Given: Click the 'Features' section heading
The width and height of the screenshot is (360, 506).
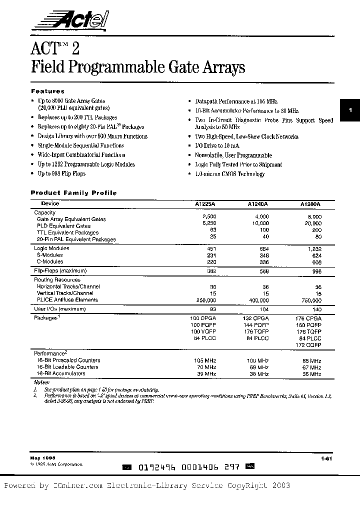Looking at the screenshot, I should click(47, 91).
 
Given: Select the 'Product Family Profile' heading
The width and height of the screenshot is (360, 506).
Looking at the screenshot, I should click(73, 192).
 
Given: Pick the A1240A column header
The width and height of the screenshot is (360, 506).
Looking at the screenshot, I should click(257, 204).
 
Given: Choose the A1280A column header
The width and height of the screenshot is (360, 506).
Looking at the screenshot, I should click(310, 204).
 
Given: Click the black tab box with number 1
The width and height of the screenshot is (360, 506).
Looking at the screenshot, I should click(350, 110).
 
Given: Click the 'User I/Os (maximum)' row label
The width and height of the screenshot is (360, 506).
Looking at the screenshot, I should click(60, 309).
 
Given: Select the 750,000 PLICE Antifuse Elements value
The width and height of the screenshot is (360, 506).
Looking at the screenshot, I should click(310, 300).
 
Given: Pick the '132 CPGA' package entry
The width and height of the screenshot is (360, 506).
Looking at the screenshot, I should click(258, 318).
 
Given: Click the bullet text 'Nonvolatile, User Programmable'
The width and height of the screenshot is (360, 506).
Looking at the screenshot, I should click(233, 155).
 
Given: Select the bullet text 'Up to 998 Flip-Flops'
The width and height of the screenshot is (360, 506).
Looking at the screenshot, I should click(61, 173).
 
